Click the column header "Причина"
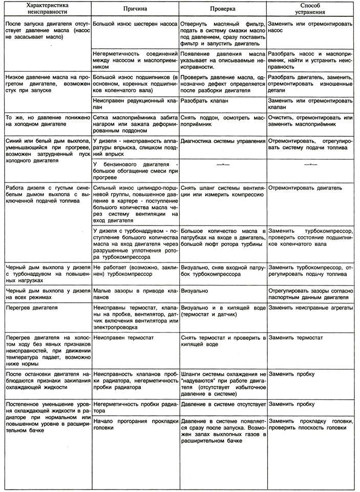coord(135,10)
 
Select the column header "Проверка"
coord(223,10)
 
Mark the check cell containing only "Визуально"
coord(195,291)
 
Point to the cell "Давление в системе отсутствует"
coord(223,404)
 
